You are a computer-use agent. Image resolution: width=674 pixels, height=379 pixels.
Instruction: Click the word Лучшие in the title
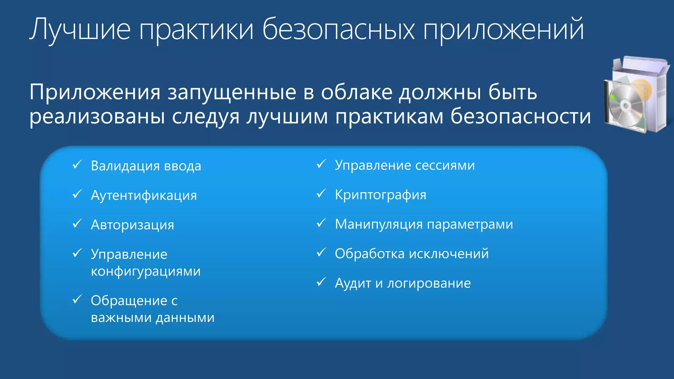[80, 30]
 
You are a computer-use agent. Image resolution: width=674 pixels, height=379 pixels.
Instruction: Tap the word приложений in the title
[503, 30]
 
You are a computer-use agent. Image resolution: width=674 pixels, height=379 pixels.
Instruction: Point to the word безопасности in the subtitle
[520, 116]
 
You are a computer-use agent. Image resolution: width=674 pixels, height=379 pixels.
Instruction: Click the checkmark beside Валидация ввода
[77, 164]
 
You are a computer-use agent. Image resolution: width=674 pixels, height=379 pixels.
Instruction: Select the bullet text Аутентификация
[144, 195]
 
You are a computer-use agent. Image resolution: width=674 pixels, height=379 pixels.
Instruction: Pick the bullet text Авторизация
[132, 225]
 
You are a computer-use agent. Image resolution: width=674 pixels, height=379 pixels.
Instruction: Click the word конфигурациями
[145, 272]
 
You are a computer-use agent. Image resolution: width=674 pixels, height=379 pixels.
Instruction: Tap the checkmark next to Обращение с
[77, 299]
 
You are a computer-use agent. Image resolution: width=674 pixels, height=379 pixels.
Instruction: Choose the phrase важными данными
[152, 318]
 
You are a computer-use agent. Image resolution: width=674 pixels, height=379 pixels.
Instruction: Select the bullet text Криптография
[380, 195]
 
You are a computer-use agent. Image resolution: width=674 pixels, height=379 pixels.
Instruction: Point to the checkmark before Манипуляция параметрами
[321, 223]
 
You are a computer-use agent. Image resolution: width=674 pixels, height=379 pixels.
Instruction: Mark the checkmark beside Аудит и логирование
[321, 282]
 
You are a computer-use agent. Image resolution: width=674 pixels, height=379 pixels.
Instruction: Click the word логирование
[428, 284]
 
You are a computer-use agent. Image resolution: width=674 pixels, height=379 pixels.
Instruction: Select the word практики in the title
[196, 30]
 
